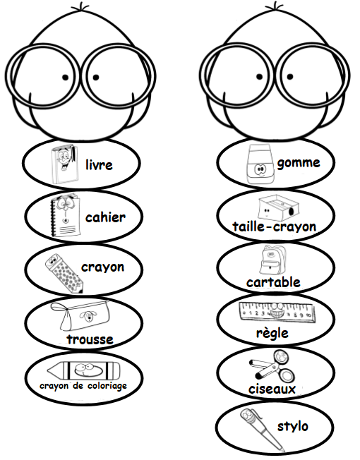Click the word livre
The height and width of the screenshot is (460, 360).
[99, 164]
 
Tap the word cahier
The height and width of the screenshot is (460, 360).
[105, 217]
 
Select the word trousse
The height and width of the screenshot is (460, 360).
[90, 339]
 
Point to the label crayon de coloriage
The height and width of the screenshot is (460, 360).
[83, 385]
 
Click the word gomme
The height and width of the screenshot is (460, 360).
[299, 163]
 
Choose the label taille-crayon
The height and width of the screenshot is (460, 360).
[275, 226]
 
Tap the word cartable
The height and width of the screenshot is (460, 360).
[273, 282]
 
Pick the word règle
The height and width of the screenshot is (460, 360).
[272, 333]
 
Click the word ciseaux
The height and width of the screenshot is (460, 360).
[272, 389]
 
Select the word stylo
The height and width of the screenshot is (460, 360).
[292, 427]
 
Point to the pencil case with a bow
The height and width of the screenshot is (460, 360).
[80, 315]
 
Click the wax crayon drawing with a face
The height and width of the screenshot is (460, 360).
[83, 370]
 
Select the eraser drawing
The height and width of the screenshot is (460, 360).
[259, 164]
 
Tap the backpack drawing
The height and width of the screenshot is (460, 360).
[272, 260]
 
